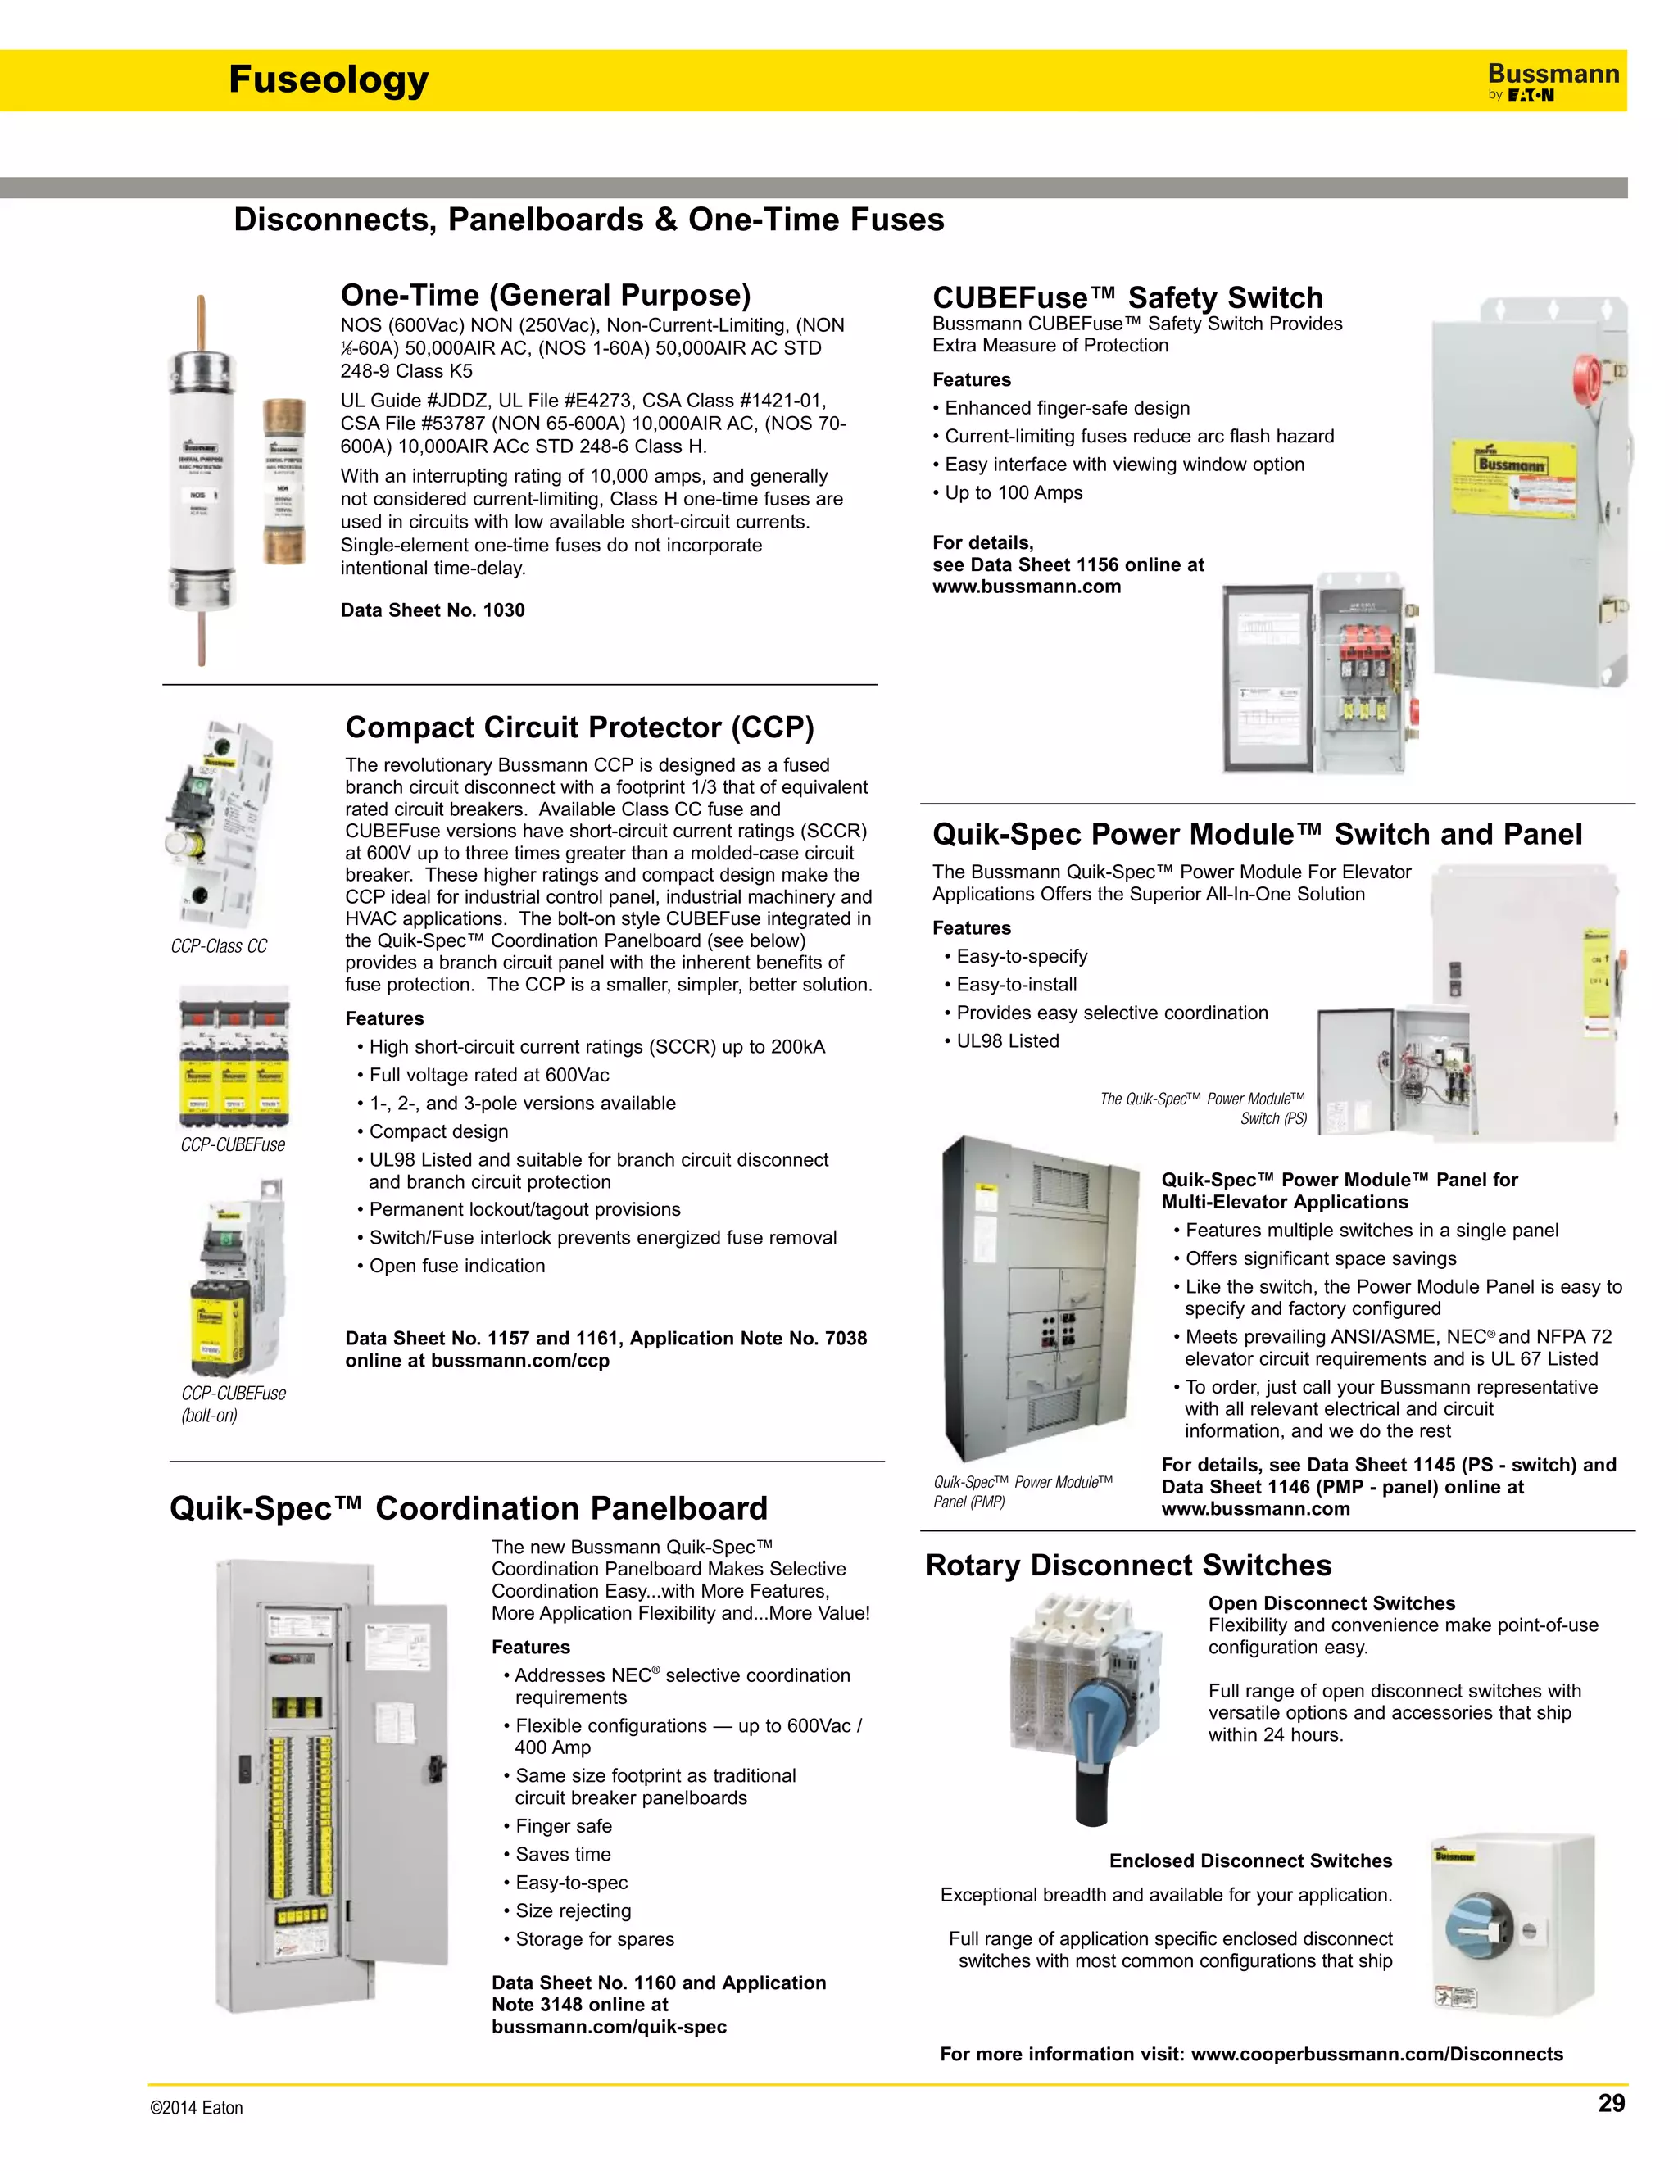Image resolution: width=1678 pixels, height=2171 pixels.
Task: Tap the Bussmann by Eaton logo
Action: click(x=1552, y=81)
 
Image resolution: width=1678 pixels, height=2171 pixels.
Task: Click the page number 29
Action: click(x=1610, y=2102)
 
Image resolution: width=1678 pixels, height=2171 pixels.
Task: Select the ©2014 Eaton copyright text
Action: click(x=196, y=2107)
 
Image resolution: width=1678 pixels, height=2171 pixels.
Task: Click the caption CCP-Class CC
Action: click(x=219, y=946)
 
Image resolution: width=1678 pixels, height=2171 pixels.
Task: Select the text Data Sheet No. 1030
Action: click(x=433, y=610)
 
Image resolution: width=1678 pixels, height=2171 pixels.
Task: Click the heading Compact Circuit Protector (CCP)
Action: click(x=579, y=727)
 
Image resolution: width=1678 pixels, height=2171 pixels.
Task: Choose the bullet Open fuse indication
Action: click(x=456, y=1266)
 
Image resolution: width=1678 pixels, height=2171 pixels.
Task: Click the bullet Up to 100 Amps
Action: click(x=1013, y=492)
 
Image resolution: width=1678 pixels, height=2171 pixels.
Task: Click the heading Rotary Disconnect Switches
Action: click(x=1128, y=1565)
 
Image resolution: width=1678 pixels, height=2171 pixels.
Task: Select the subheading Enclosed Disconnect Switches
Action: click(x=1249, y=1861)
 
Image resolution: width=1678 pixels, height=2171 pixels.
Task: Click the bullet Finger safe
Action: click(x=563, y=1826)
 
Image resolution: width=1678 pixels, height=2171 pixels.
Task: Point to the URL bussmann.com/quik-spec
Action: click(x=609, y=2027)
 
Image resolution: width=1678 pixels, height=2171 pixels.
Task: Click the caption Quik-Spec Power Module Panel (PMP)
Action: click(x=1022, y=1491)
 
